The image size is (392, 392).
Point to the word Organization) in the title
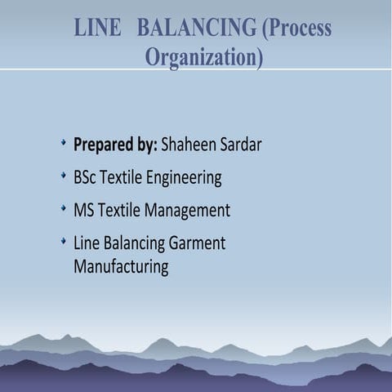tap(203, 58)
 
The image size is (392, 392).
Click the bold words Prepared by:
tap(115, 145)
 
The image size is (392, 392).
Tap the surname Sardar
tap(241, 145)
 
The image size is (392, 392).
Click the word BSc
tap(85, 177)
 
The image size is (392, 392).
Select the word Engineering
tap(182, 178)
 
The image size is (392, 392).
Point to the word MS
tap(83, 210)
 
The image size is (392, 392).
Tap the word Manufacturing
tap(121, 266)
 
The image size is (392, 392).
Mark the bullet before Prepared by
tap(63, 144)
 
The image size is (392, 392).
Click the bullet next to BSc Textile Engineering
tap(63, 176)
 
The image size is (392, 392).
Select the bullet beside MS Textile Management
tap(63, 208)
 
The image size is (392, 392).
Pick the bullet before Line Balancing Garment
tap(63, 241)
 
